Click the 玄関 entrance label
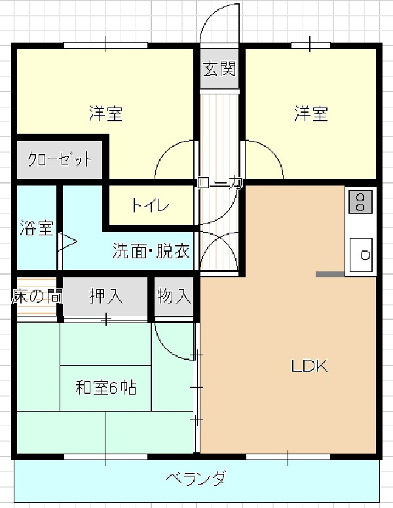click(219, 69)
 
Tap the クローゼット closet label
click(60, 159)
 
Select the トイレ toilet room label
click(150, 205)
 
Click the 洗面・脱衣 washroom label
click(151, 250)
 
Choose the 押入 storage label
click(106, 296)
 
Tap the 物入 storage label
click(174, 296)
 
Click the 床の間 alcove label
click(37, 296)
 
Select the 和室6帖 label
click(106, 387)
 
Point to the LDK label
click(310, 366)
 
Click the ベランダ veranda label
click(196, 478)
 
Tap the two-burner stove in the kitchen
click(360, 202)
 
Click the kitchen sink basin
click(362, 255)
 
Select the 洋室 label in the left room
click(106, 113)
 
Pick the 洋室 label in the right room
click(310, 113)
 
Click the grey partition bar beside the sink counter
click(330, 274)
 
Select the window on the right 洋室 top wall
click(310, 45)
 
